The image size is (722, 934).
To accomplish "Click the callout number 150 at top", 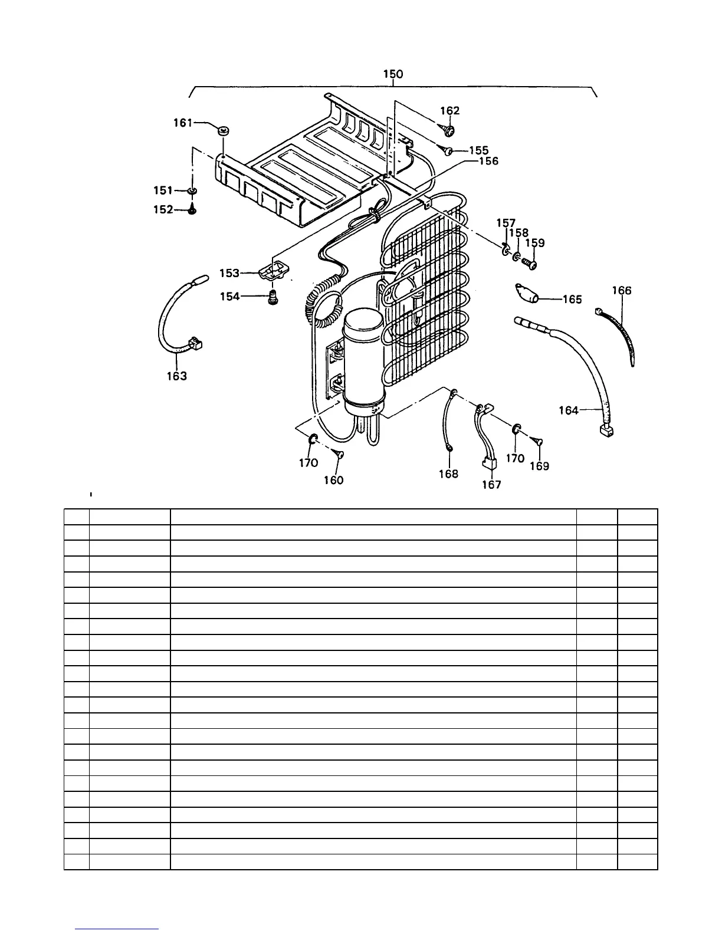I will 393,74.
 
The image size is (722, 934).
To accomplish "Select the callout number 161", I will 183,123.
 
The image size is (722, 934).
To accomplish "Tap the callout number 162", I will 450,111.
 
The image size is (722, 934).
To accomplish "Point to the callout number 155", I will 478,151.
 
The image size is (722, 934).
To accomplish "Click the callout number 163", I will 177,376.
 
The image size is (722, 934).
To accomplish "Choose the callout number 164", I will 569,410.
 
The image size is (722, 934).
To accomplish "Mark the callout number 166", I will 622,290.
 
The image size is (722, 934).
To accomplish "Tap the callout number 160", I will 333,480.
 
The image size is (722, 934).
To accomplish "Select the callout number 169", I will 539,466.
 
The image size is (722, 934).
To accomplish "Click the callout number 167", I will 491,485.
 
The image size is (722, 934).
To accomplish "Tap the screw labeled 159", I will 530,264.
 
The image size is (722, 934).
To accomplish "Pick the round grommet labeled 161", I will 224,130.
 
